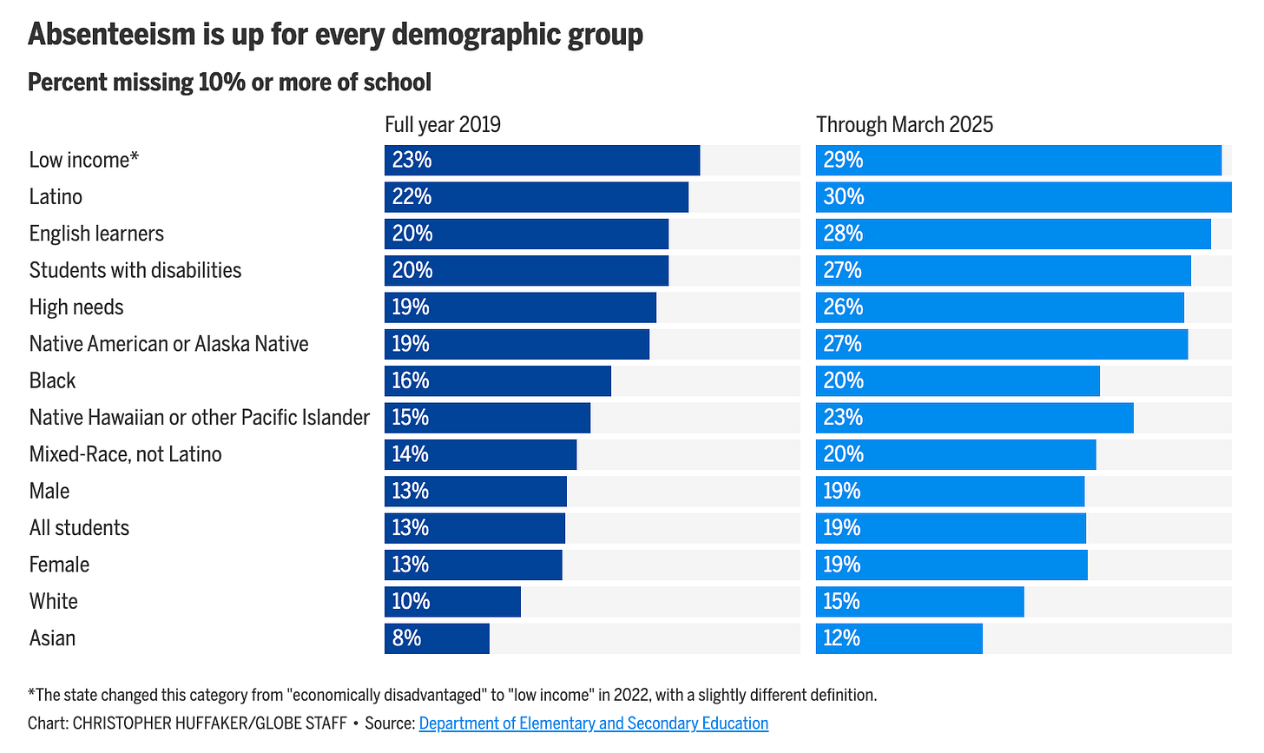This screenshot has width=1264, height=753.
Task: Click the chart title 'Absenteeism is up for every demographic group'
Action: [335, 35]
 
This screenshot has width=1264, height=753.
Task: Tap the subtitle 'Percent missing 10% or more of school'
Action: [229, 83]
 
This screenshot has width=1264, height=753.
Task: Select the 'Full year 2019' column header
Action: [443, 124]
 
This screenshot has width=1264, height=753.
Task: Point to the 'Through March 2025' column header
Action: [904, 124]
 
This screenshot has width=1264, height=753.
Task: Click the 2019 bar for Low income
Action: [542, 160]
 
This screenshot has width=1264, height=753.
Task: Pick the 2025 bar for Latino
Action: [1023, 197]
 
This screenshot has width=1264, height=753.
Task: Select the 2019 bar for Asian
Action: [437, 638]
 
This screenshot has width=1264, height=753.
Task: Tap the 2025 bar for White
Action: [919, 602]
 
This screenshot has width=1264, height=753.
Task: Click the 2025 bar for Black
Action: [958, 381]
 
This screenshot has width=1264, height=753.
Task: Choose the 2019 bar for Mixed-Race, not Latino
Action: [480, 454]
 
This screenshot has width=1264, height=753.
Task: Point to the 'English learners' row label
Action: [96, 234]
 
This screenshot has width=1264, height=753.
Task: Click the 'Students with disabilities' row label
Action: [135, 270]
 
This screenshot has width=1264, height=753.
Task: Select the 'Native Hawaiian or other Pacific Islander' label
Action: [199, 418]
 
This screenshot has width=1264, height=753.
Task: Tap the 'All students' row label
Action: [79, 528]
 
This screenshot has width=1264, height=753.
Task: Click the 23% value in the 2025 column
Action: [843, 418]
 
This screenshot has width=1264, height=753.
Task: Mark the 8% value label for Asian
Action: [406, 638]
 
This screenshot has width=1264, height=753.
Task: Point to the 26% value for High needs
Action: [843, 307]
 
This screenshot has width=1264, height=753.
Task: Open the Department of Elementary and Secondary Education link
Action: [593, 723]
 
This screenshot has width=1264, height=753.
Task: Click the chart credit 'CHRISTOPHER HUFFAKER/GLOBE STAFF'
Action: [209, 723]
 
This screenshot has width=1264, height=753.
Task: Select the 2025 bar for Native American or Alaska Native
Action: [1001, 344]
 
